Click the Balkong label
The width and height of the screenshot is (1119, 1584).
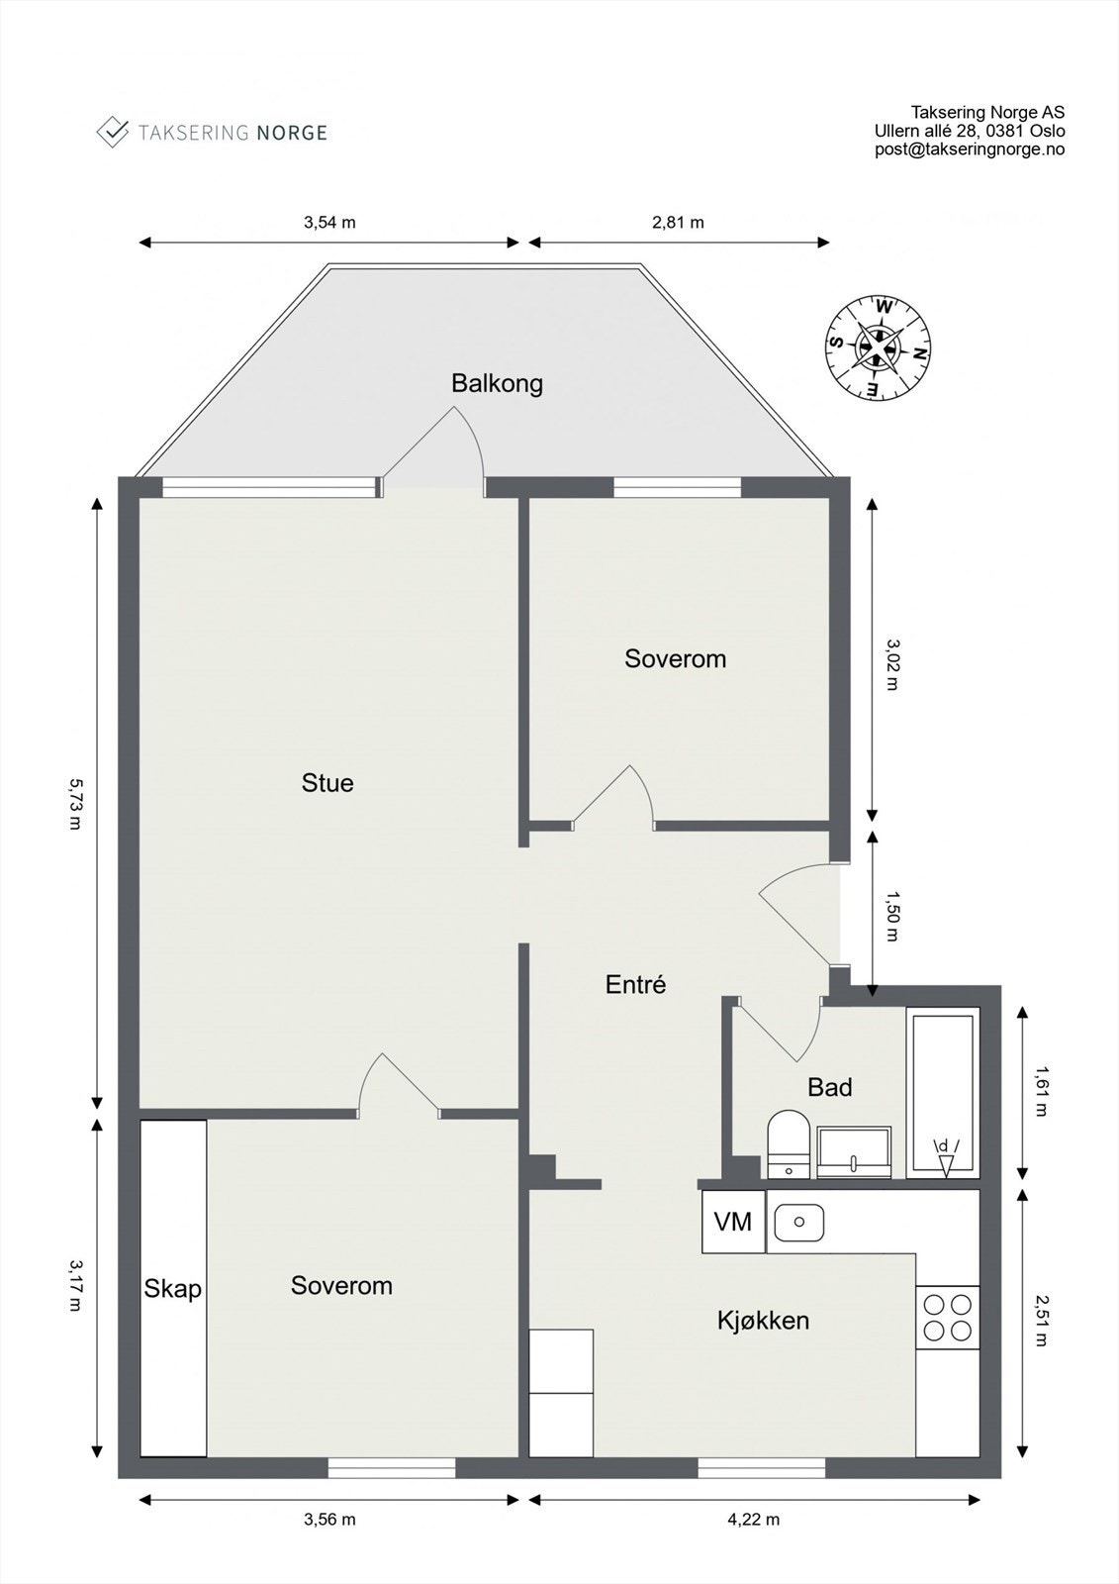[x=497, y=383]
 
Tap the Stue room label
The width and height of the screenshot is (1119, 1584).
[x=327, y=783]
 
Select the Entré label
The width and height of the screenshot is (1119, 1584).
[x=635, y=984]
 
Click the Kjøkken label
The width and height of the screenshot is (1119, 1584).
[x=763, y=1320]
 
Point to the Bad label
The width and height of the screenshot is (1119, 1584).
[x=829, y=1087]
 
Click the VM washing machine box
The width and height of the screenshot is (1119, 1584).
[x=733, y=1222]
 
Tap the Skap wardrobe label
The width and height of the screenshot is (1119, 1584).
[x=173, y=1288]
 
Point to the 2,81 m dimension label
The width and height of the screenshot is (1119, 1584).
[x=678, y=222]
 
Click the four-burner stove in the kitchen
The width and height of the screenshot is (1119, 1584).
[x=947, y=1317]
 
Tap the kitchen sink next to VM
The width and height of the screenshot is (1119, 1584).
[x=798, y=1222]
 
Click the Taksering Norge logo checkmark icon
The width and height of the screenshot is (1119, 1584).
[x=113, y=132]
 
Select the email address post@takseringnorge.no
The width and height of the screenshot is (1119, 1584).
[x=970, y=149]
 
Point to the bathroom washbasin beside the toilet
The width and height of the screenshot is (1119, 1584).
[x=854, y=1151]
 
